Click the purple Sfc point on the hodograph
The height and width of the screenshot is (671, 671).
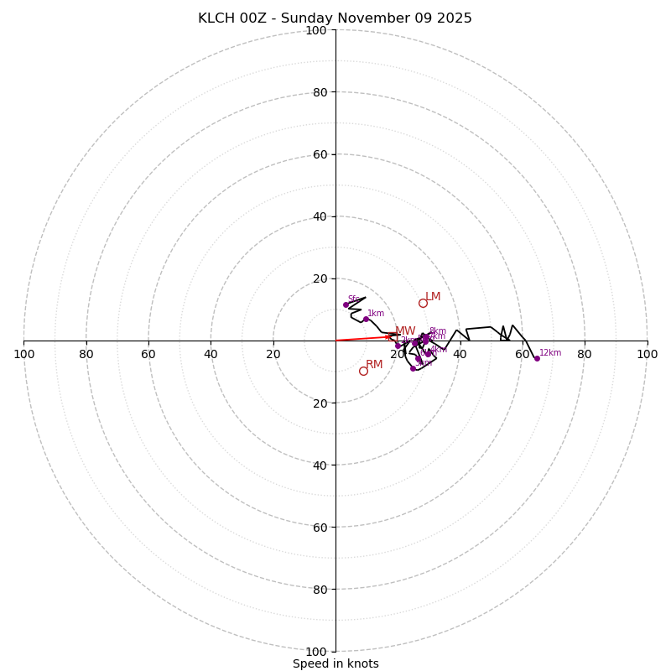346,304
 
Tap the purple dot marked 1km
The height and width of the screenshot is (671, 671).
366,319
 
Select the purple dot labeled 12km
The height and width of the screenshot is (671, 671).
537,358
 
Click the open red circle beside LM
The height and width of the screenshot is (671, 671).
423,303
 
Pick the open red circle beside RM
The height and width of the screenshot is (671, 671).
363,371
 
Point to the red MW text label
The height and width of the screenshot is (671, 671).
405,331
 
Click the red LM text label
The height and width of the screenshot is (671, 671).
433,297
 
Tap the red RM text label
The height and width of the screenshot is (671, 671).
374,365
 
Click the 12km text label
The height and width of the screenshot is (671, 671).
550,353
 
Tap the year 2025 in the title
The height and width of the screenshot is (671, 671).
453,18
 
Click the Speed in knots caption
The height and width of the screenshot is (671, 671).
335,664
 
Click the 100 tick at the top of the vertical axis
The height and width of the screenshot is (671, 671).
316,31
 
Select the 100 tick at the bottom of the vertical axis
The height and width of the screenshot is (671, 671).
316,652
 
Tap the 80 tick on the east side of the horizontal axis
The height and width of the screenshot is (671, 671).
585,354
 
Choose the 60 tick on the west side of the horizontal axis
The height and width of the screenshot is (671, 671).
148,354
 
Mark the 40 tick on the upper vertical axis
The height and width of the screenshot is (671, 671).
320,216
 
